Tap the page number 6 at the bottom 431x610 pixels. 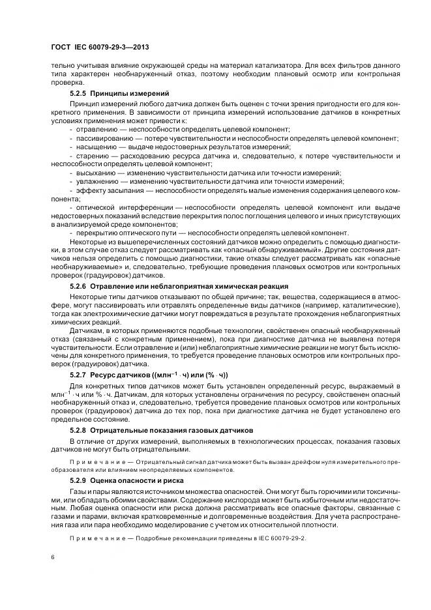52,558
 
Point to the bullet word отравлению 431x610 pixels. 95,130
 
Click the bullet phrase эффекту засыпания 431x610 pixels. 106,190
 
